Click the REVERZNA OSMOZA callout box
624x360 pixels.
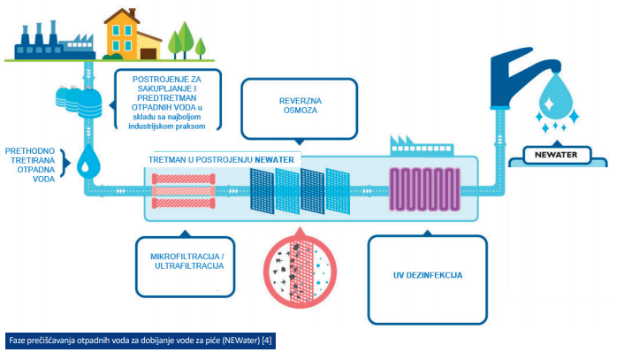coord(300,109)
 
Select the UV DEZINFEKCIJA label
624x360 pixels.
coord(428,275)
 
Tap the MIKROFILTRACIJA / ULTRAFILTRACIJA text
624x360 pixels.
coord(187,261)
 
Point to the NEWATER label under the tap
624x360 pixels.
coord(556,155)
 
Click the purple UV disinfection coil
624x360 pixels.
coord(424,189)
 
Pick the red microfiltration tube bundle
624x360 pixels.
coord(184,191)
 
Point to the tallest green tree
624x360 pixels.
coord(185,40)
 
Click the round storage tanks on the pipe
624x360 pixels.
coord(79,101)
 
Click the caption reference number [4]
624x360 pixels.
coord(267,341)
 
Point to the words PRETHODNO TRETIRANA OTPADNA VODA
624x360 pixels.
coord(30,165)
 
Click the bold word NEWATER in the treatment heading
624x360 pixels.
coord(274,160)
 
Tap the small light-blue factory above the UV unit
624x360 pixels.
coord(421,146)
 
